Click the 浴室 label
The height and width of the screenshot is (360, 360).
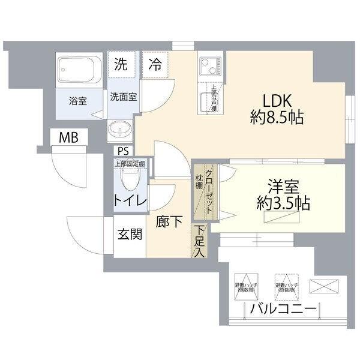(x=77, y=100)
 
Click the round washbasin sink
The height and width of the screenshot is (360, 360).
(x=120, y=130)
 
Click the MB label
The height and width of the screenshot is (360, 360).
(x=68, y=138)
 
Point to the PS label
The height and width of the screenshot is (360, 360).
(x=123, y=151)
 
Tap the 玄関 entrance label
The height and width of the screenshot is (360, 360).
(x=130, y=234)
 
